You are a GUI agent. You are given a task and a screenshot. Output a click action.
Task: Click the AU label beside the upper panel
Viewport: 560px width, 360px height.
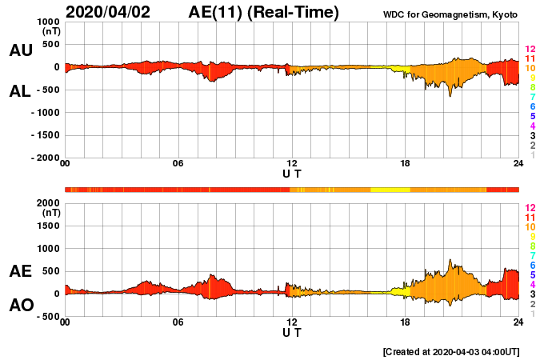(21, 50)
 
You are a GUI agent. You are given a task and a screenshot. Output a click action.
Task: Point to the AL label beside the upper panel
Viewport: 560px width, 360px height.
(21, 91)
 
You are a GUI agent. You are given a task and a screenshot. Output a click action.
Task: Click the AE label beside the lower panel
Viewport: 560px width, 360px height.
(21, 271)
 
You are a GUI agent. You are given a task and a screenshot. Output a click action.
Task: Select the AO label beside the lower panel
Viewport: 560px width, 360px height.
(21, 306)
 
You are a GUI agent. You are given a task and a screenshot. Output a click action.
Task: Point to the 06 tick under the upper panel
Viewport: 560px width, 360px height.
(178, 164)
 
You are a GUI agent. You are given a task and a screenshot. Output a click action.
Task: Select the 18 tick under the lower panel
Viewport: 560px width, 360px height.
(405, 322)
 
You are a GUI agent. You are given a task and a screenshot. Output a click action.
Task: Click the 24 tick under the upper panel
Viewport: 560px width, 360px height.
(518, 164)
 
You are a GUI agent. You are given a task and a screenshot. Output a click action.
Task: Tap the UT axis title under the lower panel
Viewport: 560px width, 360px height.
(292, 332)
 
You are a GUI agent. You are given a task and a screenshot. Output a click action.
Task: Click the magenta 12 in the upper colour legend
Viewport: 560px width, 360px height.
(529, 50)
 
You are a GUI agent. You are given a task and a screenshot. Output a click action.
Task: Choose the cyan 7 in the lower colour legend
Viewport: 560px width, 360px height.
(531, 255)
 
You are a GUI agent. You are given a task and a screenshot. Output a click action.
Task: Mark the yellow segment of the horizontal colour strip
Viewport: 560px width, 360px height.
(390, 189)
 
